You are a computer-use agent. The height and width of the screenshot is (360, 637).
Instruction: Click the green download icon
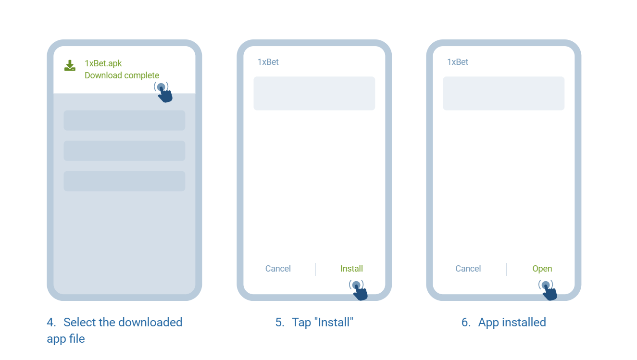tap(70, 65)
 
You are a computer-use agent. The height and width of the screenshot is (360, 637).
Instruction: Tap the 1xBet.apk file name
tap(103, 63)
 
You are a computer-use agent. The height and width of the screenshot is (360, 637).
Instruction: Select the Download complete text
tap(122, 75)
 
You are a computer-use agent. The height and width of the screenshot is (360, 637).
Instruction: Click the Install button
tap(351, 268)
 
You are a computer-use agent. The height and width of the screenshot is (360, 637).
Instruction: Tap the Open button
tap(542, 268)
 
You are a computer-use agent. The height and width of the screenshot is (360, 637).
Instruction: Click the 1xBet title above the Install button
tap(268, 62)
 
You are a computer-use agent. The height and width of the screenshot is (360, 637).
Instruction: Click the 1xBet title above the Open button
tap(458, 62)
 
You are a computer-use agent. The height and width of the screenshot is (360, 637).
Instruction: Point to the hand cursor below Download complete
tap(163, 92)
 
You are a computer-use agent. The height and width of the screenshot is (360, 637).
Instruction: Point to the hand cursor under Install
tap(359, 290)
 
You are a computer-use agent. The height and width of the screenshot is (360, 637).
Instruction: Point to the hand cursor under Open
tap(548, 290)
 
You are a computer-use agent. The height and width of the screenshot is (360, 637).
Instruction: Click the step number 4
tap(51, 323)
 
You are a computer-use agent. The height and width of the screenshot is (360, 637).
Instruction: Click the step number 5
tap(279, 323)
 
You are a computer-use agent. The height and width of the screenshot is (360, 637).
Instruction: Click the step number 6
tap(466, 323)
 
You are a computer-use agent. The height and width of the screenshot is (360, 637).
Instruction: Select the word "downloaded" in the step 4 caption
tap(150, 323)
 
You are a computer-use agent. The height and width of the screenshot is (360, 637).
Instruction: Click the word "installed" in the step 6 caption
tap(524, 323)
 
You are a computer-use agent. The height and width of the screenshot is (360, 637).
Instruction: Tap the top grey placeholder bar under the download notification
tap(125, 120)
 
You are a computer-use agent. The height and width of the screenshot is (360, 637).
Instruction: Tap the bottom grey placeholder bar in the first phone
tap(125, 181)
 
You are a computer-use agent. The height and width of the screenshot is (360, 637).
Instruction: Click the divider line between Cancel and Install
tap(315, 269)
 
